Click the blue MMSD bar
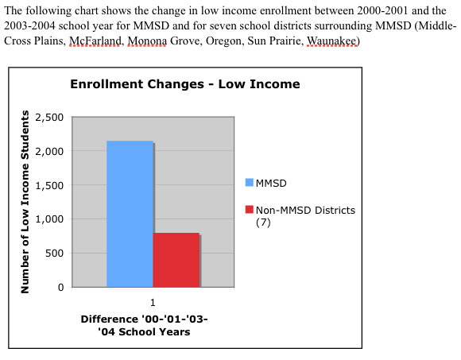[130, 214]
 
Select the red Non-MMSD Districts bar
[176, 260]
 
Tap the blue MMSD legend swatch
[250, 183]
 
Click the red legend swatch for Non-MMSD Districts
[250, 210]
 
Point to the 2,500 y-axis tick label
[49, 118]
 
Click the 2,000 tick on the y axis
[49, 151]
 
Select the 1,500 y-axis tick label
[49, 185]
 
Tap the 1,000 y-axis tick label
[49, 219]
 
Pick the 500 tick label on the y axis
[54, 253]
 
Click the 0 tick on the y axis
[61, 287]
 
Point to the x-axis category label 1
[153, 303]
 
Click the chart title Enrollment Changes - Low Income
[185, 84]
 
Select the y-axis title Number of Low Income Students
[25, 202]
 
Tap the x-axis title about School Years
[144, 325]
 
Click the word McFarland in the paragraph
[95, 41]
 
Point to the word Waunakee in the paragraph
[331, 41]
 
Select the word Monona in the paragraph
[147, 41]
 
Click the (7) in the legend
[263, 223]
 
